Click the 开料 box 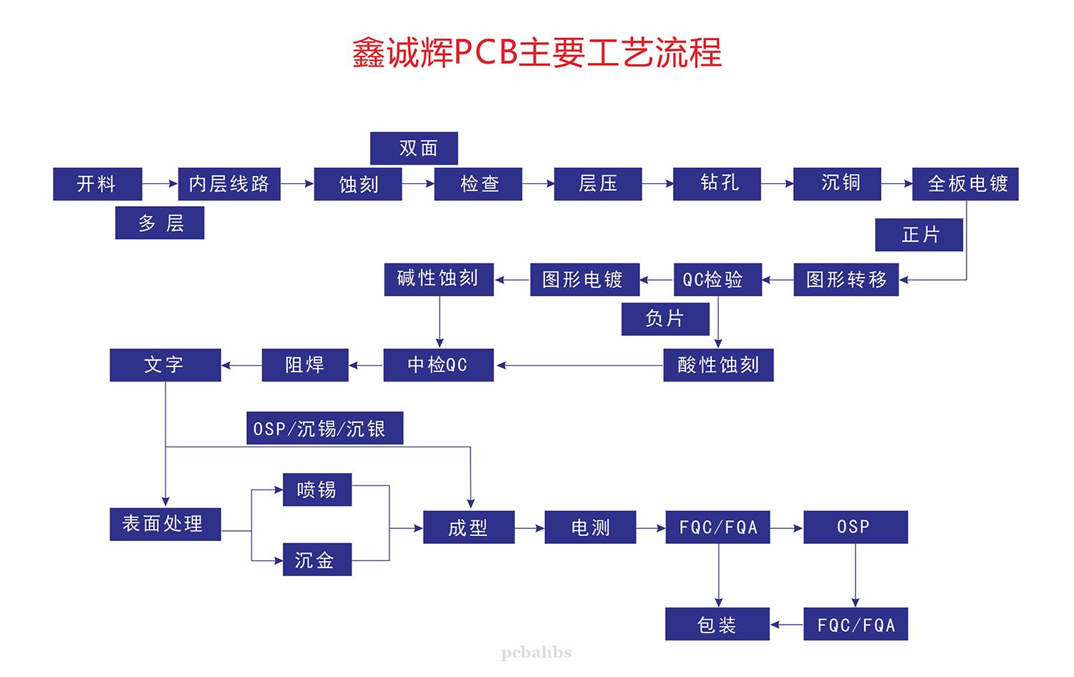(97, 184)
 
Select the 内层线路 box (229, 184)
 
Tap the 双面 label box (414, 148)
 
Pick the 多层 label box (160, 223)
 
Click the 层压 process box (598, 184)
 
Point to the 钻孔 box (717, 184)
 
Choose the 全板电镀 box (965, 184)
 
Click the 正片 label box (919, 235)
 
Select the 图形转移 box (846, 279)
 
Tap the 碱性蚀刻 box (439, 279)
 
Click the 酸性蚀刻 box (718, 365)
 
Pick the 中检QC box (438, 365)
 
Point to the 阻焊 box (305, 365)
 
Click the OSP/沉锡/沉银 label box (324, 428)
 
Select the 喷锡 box (317, 490)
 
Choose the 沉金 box (317, 560)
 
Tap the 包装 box (717, 624)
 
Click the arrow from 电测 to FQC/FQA (651, 528)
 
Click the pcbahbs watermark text (537, 653)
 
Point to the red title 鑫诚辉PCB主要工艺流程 (537, 53)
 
